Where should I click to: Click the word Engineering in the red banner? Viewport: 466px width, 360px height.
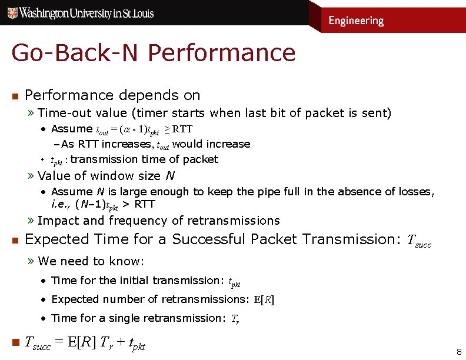click(356, 21)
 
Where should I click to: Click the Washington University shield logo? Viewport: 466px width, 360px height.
click(11, 12)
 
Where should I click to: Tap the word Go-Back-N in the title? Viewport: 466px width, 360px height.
click(76, 52)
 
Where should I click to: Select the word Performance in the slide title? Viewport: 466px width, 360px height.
click(222, 52)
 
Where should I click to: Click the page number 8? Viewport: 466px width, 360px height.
click(459, 352)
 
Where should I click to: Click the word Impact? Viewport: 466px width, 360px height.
click(58, 221)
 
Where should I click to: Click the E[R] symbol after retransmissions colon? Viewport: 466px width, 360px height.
click(264, 299)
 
